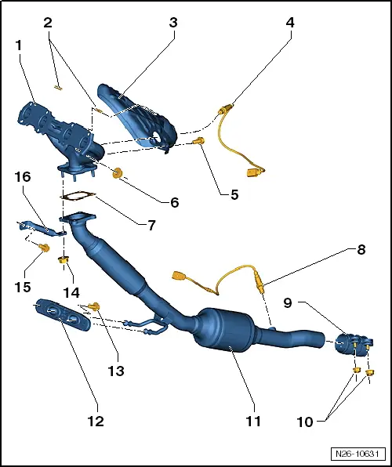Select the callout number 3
[173, 23]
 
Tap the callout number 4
[290, 23]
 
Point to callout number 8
[361, 252]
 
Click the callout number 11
[252, 421]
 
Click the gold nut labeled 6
[119, 173]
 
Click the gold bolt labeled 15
[45, 248]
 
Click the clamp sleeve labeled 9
[350, 345]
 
